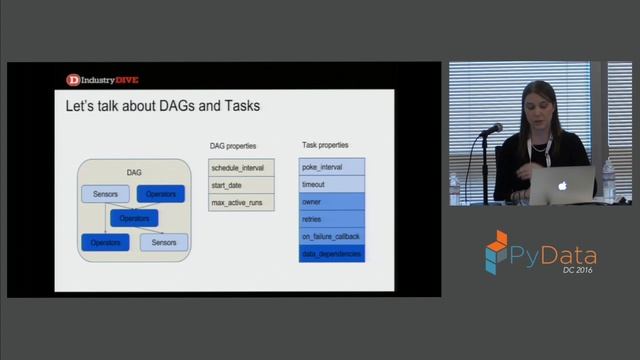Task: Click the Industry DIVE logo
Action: [x=101, y=79]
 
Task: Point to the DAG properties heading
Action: [x=232, y=146]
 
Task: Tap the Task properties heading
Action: [x=324, y=146]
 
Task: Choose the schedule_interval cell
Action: [x=240, y=167]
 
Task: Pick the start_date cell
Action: [x=240, y=184]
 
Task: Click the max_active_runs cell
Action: [x=240, y=202]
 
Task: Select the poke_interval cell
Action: [x=332, y=167]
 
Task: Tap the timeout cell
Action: [x=332, y=184]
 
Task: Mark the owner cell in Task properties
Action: [x=332, y=202]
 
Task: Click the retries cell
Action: [x=332, y=219]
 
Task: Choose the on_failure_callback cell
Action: [x=332, y=236]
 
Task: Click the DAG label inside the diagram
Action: [x=134, y=173]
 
